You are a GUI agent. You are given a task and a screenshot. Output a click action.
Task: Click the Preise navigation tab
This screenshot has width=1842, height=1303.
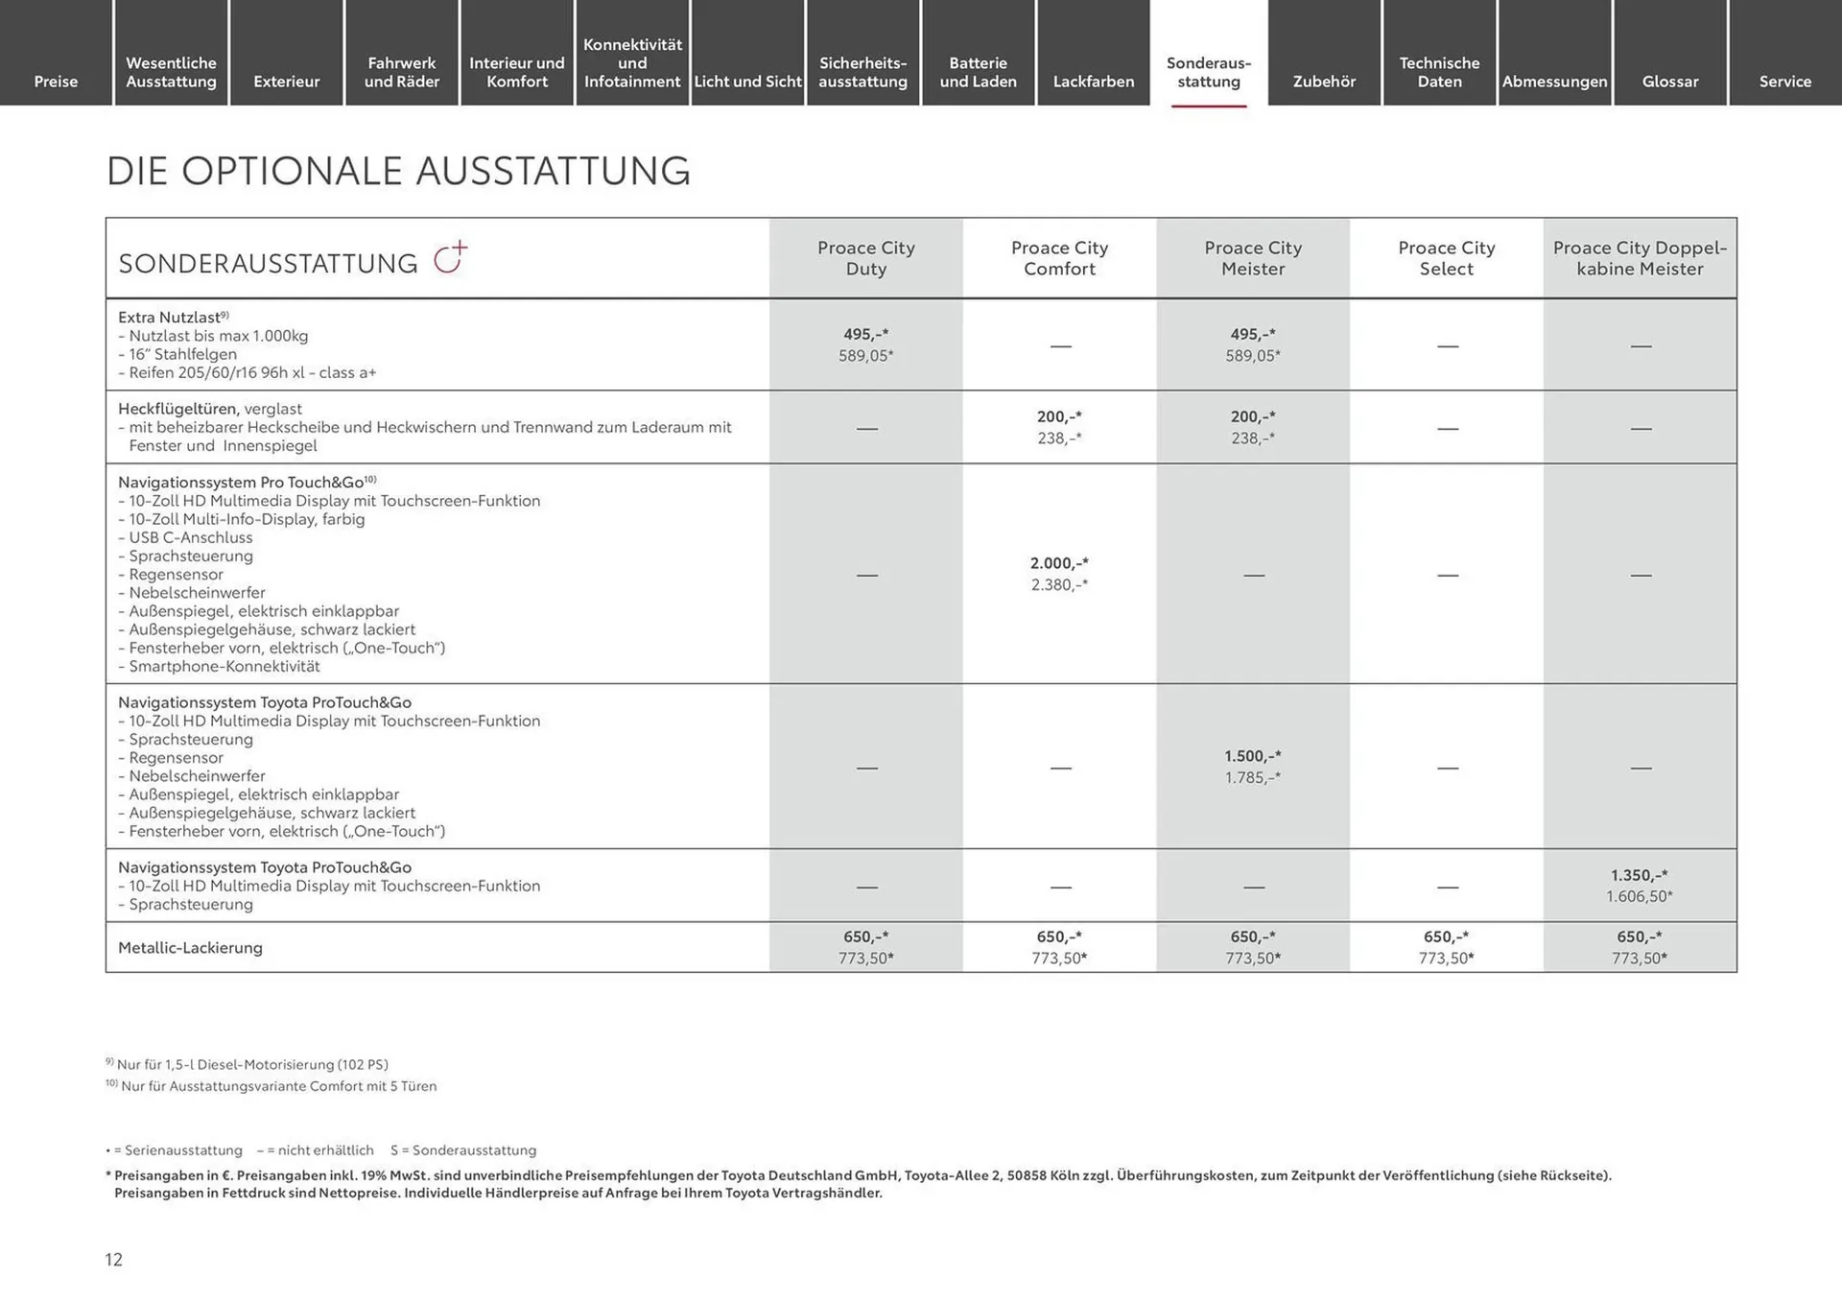56,81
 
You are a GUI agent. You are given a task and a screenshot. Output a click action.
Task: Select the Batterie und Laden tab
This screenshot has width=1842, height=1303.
978,72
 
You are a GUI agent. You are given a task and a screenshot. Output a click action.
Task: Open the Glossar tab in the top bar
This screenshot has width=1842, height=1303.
1669,81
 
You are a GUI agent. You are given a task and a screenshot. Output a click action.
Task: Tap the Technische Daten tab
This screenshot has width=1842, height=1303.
1439,72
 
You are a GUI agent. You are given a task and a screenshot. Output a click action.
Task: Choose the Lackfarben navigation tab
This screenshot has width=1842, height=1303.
1093,81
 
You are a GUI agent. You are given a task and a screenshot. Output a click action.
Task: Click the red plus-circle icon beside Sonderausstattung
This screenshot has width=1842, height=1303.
450,257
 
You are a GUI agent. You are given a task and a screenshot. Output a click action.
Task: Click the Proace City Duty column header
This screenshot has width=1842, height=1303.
865,258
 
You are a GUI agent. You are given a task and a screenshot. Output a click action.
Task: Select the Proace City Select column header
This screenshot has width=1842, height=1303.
1446,258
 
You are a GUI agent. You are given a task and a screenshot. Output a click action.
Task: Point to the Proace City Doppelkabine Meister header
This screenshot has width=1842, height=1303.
1639,258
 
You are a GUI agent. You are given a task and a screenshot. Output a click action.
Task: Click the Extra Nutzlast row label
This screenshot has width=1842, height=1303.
169,318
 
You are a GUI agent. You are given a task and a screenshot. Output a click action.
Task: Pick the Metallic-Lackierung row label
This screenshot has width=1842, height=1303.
190,948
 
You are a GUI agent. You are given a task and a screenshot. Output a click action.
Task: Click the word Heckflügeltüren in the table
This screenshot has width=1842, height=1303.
178,409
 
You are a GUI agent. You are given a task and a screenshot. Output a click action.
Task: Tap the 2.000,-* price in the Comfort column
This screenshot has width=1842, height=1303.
1059,563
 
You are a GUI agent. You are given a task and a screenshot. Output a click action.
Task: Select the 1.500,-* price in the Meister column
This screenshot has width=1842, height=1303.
1252,756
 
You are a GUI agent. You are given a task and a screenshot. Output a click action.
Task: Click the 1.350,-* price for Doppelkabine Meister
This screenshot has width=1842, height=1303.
1639,875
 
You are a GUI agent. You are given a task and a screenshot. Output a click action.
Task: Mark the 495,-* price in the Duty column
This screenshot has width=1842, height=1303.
865,334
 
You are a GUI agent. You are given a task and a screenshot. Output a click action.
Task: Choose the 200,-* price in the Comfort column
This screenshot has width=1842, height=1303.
1059,416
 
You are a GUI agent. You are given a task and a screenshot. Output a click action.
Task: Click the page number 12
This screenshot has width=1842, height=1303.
113,1260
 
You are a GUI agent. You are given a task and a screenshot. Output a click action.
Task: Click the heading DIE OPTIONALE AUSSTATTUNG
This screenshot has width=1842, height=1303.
398,171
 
